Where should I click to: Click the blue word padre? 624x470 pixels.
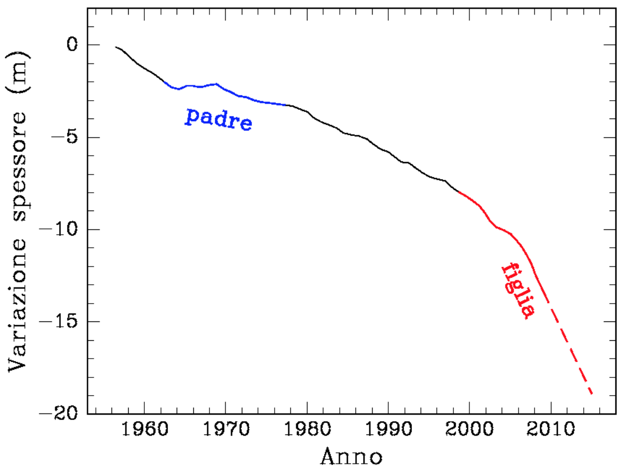[x=218, y=119]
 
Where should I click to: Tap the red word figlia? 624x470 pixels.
[x=517, y=290]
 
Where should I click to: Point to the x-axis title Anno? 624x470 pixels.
[x=352, y=457]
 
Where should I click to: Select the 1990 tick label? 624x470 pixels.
[x=388, y=432]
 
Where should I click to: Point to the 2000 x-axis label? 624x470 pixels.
[x=469, y=432]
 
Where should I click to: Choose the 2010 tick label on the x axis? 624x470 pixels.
[x=551, y=432]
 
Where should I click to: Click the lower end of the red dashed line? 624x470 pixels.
[x=592, y=394]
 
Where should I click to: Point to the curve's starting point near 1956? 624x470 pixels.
[x=116, y=47]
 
